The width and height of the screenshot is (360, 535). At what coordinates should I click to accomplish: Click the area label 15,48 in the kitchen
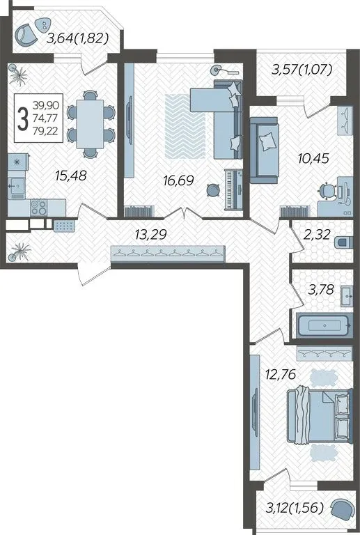pos(71,176)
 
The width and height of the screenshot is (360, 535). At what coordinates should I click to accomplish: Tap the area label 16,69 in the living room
pos(179,180)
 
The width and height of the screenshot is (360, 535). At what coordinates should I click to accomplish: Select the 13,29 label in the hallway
pos(150,234)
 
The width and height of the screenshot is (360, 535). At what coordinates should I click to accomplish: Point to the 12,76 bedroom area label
pos(281,374)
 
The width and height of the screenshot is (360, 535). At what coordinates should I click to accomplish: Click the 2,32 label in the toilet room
pos(318,234)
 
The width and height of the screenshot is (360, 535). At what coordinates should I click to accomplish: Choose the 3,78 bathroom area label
pos(320,290)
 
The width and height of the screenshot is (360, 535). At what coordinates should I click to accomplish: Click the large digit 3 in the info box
pos(22,118)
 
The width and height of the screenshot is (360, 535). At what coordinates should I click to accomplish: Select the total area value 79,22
pos(46,131)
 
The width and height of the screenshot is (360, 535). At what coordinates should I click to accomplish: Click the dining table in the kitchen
pos(91,124)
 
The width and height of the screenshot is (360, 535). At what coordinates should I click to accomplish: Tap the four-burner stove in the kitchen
pos(38,207)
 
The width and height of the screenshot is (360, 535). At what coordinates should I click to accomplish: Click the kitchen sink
pos(17,187)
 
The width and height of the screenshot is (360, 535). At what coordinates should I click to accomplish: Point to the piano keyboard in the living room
pos(233,189)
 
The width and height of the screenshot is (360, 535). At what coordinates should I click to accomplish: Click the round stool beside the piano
pos(214,190)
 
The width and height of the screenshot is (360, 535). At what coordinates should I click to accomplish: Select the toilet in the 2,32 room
pos(344,242)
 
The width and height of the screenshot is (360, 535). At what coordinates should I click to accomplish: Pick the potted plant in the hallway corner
pos(19,251)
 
